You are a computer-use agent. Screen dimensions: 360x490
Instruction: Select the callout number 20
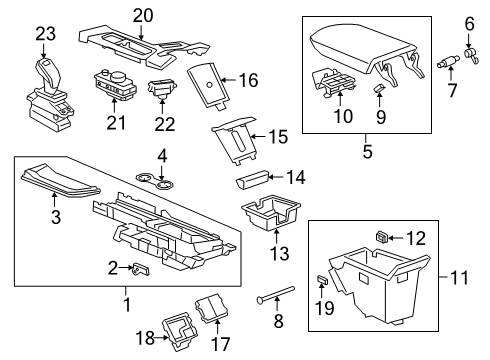coord(144,15)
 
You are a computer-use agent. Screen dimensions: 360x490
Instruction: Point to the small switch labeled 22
coord(161,92)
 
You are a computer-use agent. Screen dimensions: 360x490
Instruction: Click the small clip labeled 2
coord(142,268)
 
